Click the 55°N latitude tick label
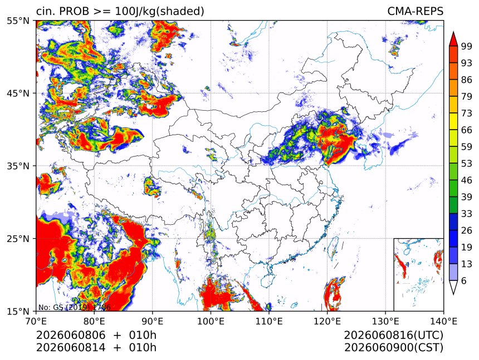[18, 21]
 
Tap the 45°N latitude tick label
[18, 93]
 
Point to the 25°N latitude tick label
[18, 239]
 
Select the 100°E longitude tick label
[211, 321]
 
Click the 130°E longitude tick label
[385, 321]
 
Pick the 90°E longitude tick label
[153, 321]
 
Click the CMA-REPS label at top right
[415, 11]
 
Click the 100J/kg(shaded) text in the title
[159, 12]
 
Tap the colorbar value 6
[464, 280]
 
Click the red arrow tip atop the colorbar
[453, 32]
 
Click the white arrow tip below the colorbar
[453, 294]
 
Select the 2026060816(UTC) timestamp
[393, 336]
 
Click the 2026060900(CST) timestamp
[393, 348]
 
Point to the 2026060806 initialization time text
[71, 336]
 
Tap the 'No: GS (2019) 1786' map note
[74, 307]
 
